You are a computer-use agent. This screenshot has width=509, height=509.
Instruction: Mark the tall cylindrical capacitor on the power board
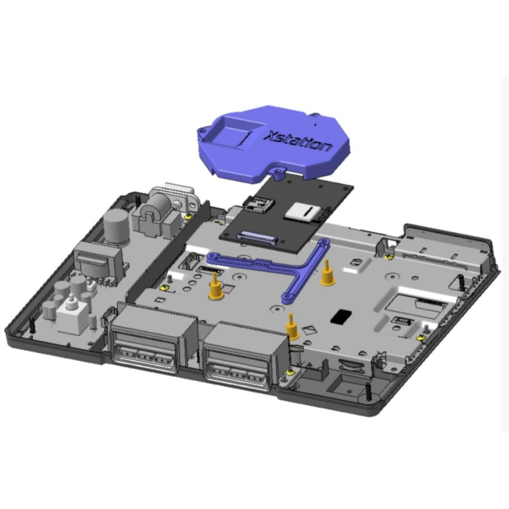coord(116,227)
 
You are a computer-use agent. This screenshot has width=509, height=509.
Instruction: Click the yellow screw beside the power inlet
coord(188,216)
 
